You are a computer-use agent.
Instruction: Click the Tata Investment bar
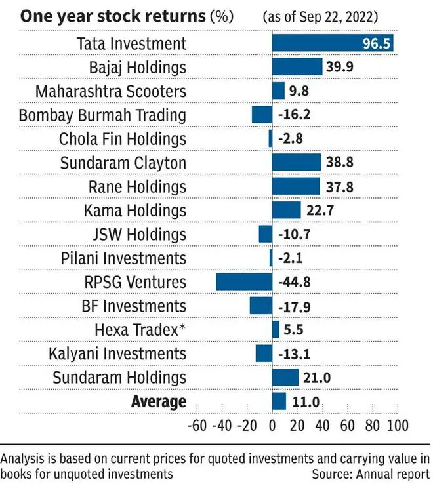point(333,43)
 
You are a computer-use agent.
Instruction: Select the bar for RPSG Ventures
point(244,282)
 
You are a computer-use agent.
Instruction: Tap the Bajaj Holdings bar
point(297,67)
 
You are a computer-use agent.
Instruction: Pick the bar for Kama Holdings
point(286,211)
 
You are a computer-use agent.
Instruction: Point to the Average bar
point(279,401)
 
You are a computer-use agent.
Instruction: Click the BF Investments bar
point(261,306)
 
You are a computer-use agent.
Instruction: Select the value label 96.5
point(377,43)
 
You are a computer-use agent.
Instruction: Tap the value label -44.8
point(295,282)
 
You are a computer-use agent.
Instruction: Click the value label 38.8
point(340,163)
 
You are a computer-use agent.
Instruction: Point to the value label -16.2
point(295,115)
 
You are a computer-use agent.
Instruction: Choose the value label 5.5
point(293,330)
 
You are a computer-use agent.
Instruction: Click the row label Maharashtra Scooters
point(111,91)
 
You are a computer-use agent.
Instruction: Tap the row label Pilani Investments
point(123,258)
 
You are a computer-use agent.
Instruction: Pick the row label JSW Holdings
point(140,234)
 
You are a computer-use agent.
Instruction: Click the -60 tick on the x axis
point(197,426)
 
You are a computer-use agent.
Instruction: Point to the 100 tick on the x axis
point(398,426)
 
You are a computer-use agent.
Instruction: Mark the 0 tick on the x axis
point(272,426)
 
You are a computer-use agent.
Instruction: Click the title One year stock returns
point(113,16)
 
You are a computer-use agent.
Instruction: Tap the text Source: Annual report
point(371,474)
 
